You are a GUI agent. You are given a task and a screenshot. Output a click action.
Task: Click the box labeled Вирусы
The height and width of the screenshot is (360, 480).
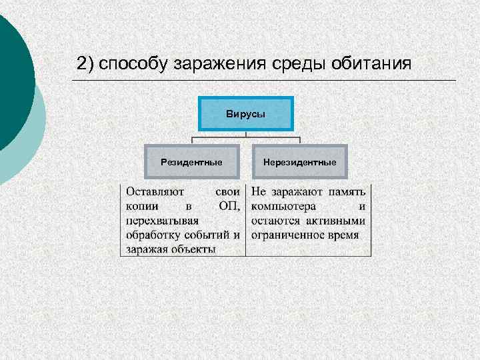point(245,114)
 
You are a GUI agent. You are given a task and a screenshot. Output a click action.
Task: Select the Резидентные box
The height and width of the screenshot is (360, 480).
point(191,162)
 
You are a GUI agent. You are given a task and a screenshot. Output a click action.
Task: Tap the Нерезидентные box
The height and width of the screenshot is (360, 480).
point(299,162)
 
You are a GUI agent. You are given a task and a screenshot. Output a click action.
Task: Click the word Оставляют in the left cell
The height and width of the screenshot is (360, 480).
point(155,191)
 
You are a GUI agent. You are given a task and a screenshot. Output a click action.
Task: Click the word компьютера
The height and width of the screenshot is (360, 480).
point(283,206)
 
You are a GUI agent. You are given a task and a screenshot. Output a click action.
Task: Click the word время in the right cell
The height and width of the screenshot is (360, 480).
point(343,235)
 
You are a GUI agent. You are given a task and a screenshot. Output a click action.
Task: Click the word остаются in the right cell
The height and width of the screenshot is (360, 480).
point(275,221)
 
